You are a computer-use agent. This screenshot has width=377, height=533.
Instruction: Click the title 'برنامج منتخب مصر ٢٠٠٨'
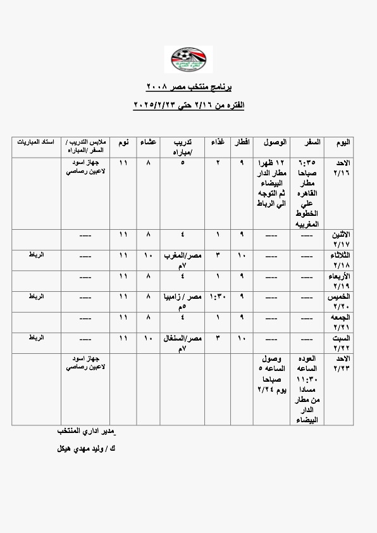(x=189, y=86)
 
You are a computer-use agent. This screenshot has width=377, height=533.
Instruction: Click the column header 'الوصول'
(x=273, y=142)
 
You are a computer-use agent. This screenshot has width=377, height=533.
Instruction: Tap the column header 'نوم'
(x=123, y=142)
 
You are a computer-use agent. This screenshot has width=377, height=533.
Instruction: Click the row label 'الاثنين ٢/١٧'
(x=340, y=239)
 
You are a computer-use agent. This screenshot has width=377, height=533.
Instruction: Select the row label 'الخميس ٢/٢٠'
(x=340, y=301)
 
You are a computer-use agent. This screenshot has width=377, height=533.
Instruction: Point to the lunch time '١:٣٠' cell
(x=217, y=296)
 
